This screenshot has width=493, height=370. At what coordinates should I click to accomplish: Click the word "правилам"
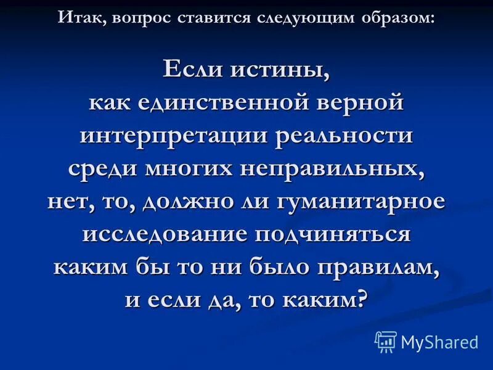[x=377, y=268]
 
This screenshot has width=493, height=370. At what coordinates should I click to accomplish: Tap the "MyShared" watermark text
[x=439, y=342]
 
